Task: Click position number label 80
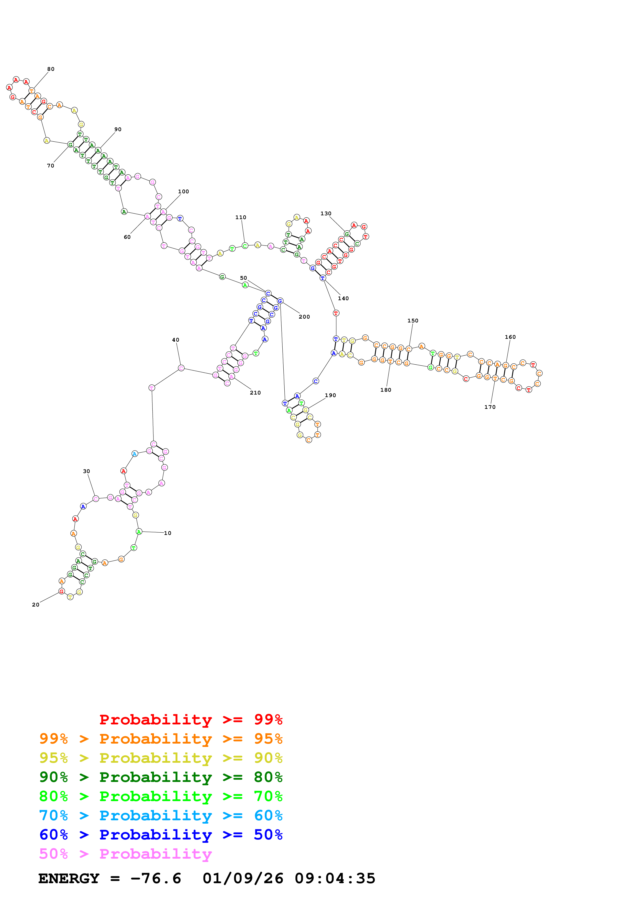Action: pos(51,69)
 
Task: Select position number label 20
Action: pos(36,604)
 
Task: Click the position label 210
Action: pos(255,393)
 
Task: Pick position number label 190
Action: pos(330,395)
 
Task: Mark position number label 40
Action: pos(176,340)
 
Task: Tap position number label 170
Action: pos(490,407)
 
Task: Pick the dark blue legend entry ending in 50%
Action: pos(161,835)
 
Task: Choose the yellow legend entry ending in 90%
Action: pos(161,758)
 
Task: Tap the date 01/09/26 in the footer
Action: pos(243,878)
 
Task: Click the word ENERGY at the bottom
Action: pos(69,878)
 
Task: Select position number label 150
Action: pos(413,320)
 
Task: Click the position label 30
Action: pos(86,471)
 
